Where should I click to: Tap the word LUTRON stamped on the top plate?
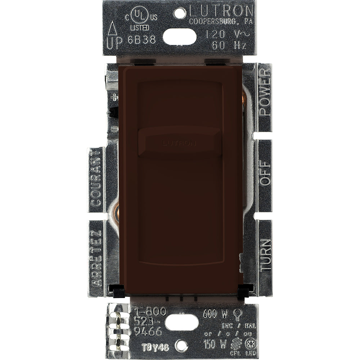click(x=221, y=9)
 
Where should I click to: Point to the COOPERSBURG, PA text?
click(x=222, y=21)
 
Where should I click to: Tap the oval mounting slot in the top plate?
click(x=180, y=36)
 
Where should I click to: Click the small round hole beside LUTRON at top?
click(x=180, y=13)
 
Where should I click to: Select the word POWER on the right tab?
click(x=265, y=92)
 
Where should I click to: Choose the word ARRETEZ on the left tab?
click(x=95, y=258)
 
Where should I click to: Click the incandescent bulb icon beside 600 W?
click(x=237, y=314)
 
